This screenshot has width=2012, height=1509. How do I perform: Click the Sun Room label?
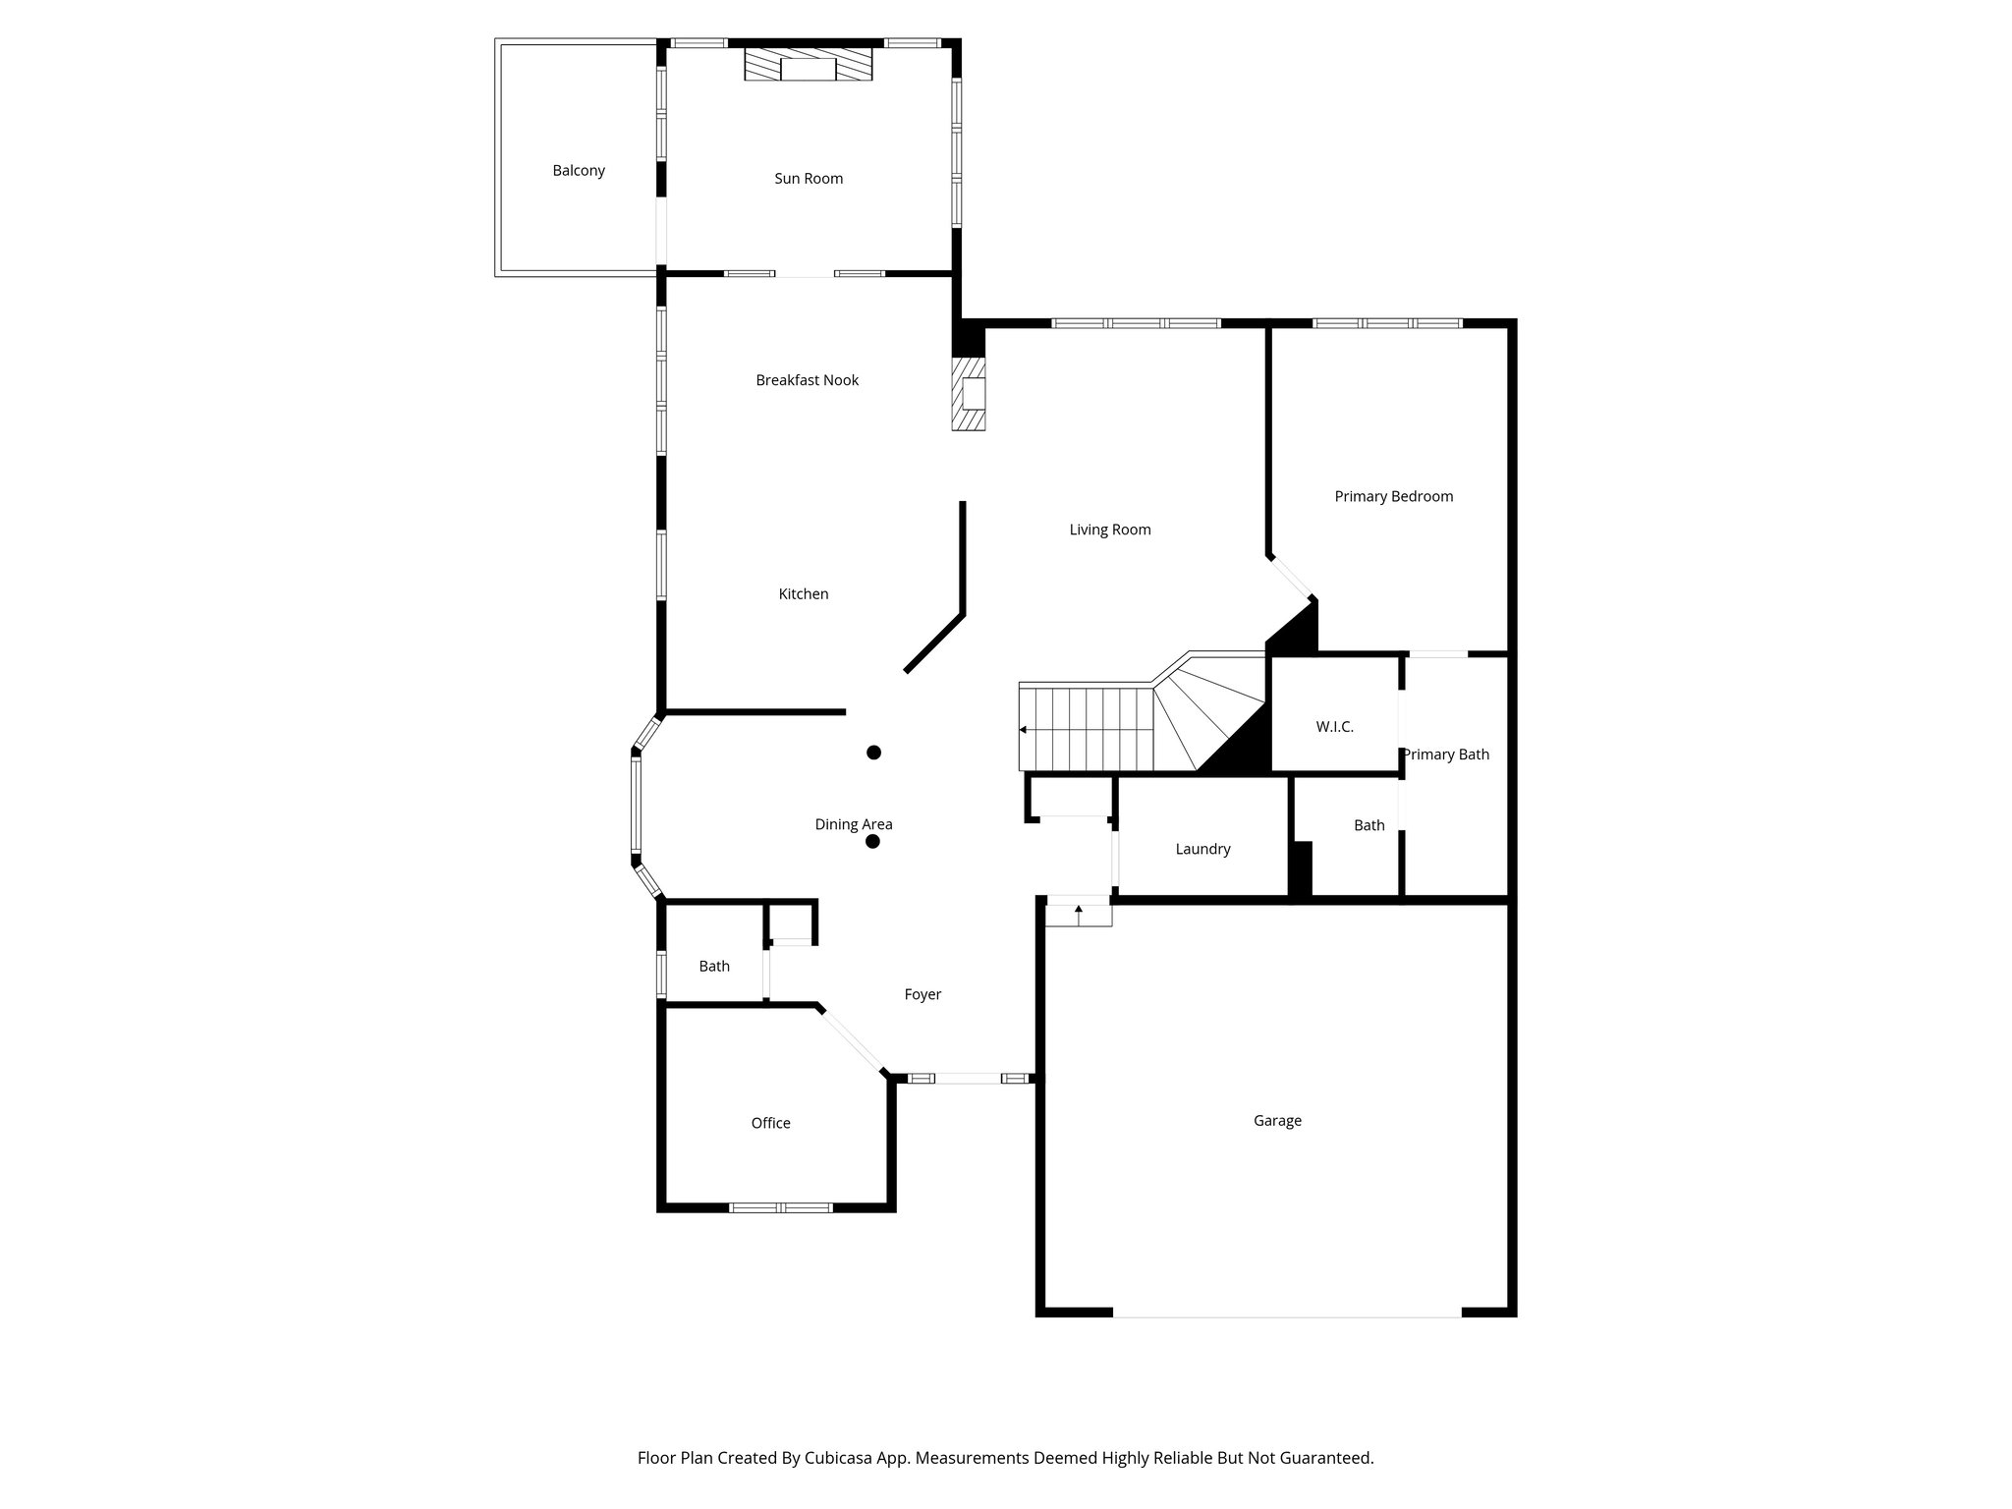(809, 179)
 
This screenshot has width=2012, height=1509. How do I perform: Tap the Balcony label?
(579, 171)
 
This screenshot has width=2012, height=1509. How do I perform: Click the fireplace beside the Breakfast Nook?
(969, 393)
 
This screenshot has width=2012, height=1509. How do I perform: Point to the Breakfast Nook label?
(807, 380)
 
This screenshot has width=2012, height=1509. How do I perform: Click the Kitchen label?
(804, 594)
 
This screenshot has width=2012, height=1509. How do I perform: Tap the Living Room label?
(1110, 531)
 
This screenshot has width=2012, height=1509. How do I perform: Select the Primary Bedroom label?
(1393, 497)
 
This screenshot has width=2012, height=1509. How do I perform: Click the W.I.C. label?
(1334, 727)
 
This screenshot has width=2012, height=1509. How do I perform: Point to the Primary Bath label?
(1445, 754)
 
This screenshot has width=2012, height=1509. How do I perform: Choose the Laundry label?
(1202, 850)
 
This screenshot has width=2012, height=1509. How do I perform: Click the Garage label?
(1277, 1121)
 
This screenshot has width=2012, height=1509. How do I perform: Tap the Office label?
(770, 1124)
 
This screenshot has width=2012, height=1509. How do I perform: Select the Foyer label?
(922, 995)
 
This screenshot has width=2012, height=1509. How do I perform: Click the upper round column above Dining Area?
(873, 753)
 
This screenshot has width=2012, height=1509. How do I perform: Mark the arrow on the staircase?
(1025, 730)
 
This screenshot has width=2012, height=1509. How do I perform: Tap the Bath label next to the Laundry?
(1369, 826)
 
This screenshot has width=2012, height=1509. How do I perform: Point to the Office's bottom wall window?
(781, 1207)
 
